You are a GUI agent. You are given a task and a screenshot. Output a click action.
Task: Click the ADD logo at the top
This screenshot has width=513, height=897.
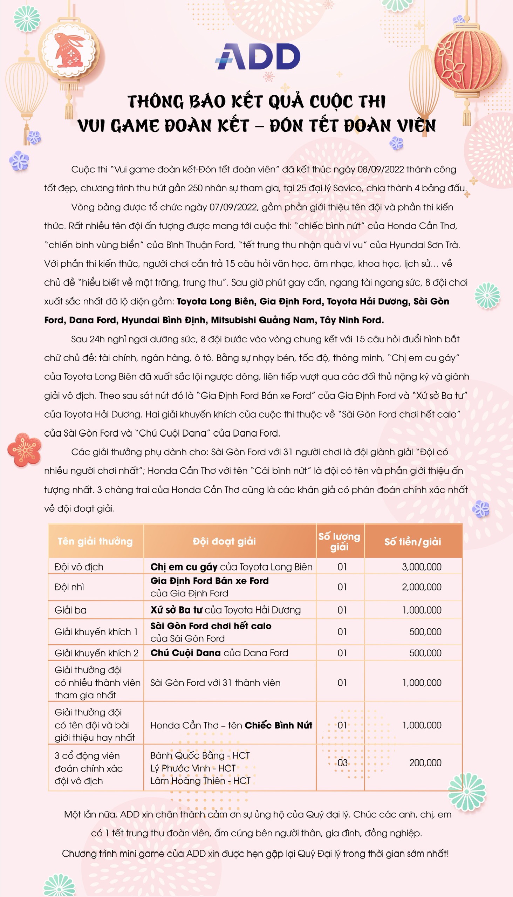(x=258, y=56)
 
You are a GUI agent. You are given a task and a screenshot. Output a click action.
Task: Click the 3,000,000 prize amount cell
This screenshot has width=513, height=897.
(x=422, y=567)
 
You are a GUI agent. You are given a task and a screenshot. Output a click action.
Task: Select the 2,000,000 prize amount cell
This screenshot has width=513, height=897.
(x=422, y=587)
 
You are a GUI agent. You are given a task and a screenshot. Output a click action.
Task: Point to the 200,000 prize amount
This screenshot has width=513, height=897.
(x=425, y=763)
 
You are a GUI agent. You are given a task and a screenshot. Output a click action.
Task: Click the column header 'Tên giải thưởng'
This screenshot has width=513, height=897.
(x=95, y=541)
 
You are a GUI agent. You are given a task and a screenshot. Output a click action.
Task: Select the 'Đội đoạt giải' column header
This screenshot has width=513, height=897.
(x=224, y=541)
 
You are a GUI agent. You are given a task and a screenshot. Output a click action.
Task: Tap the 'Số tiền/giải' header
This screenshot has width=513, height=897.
(x=412, y=542)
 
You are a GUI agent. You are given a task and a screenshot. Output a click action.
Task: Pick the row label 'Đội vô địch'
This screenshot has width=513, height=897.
(x=79, y=567)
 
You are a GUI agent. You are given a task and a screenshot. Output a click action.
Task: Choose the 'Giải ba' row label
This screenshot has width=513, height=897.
(x=70, y=610)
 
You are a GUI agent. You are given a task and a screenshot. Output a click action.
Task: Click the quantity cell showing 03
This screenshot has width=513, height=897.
(x=342, y=763)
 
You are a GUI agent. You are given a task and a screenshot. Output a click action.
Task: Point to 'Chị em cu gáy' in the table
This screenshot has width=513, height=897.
(x=184, y=567)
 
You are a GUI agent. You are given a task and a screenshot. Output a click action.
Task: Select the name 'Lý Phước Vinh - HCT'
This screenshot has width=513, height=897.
(x=193, y=768)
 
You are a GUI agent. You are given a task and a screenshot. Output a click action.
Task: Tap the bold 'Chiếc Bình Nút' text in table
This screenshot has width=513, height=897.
(x=278, y=725)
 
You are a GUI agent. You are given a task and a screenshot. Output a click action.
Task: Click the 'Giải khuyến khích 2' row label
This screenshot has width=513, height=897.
(x=96, y=653)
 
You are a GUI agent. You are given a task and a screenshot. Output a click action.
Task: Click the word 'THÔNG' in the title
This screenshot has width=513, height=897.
(x=156, y=102)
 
